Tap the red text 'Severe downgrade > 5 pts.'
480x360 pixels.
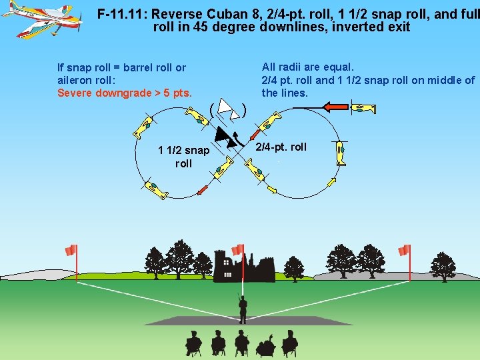(x=125, y=93)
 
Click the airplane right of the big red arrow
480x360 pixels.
(x=364, y=109)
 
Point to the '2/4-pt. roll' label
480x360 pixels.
(x=281, y=147)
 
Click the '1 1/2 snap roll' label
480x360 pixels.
(x=183, y=157)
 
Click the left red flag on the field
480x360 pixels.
(x=71, y=251)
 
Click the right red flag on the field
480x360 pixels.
(x=404, y=251)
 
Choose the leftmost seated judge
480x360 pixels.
(x=194, y=343)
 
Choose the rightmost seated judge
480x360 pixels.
(x=289, y=343)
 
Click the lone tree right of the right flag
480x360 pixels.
(x=442, y=266)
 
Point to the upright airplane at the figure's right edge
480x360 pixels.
(x=340, y=153)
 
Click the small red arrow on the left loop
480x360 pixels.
(x=203, y=190)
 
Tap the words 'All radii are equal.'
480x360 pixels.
(x=308, y=67)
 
